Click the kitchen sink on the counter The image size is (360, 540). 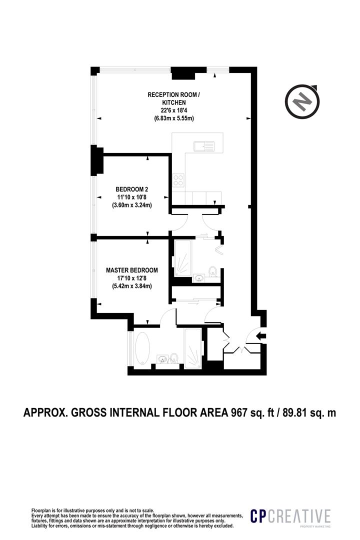[x=205, y=146]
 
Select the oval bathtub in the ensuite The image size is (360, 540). [x=141, y=348]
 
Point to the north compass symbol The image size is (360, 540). [x=302, y=101]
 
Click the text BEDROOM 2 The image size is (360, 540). [x=132, y=189]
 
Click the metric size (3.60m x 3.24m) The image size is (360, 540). [x=132, y=205]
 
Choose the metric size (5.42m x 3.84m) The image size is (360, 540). [x=132, y=286]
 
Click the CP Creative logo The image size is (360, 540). [x=290, y=518]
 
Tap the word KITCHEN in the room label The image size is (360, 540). [x=173, y=102]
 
